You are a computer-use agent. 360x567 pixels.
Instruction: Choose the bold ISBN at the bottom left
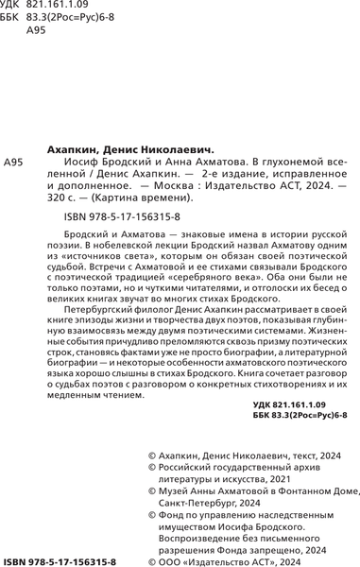[x=60, y=560]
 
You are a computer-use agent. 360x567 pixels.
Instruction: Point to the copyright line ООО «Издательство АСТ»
[x=234, y=560]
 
